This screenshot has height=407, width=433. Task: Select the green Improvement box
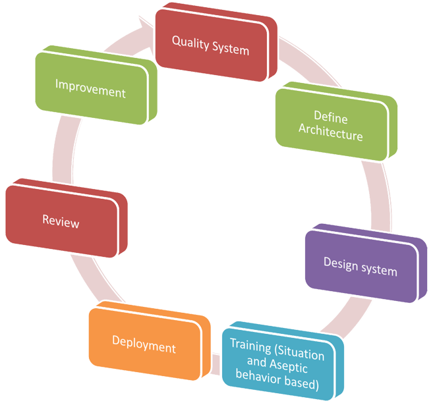click(90, 88)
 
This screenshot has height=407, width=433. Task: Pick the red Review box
click(61, 221)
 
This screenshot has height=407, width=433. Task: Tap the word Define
click(331, 119)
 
